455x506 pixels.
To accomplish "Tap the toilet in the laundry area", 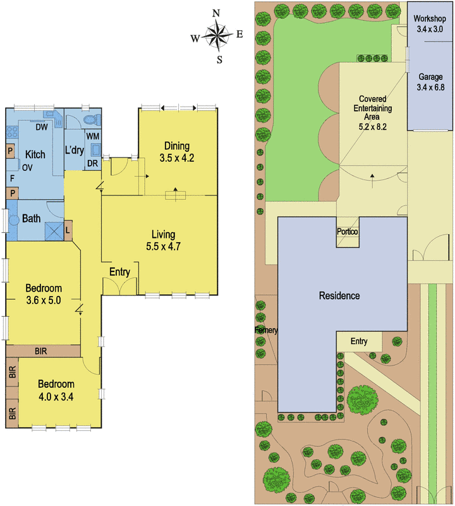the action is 92,120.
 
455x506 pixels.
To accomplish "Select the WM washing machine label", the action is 93,136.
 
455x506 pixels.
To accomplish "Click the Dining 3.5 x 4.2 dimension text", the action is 177,158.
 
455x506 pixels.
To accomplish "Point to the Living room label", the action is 164,234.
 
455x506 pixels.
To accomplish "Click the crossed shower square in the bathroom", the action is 54,231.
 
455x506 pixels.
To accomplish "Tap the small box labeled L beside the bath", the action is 68,230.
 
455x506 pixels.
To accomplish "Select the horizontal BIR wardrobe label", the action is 41,351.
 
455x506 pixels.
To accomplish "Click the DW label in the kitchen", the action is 42,127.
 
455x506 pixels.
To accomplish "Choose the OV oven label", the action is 27,168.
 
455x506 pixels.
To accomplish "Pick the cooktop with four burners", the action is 12,132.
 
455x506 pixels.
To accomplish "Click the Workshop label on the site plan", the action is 430,19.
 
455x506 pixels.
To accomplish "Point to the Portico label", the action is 348,231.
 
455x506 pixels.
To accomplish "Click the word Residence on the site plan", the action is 339,295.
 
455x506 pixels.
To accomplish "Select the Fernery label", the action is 266,330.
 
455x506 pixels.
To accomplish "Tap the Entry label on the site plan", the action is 359,342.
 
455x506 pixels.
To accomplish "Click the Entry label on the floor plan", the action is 119,272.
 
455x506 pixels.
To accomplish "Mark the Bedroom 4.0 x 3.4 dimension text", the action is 56,397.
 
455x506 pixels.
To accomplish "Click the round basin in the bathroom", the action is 14,221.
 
